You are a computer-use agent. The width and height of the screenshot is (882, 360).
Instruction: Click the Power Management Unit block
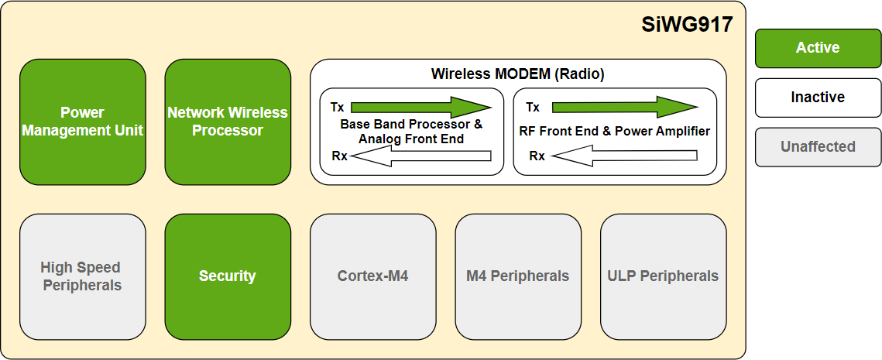[x=82, y=122]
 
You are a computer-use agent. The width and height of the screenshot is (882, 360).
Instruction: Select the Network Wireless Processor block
[x=228, y=122]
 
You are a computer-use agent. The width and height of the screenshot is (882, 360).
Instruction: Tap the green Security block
[x=228, y=276]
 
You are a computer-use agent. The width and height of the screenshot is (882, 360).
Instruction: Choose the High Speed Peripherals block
[x=82, y=276]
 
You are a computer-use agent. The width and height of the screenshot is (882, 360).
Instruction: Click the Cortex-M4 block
[x=372, y=276]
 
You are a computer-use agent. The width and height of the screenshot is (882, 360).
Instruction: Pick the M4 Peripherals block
[x=517, y=276]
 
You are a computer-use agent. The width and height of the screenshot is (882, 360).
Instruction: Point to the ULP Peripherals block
[x=663, y=276]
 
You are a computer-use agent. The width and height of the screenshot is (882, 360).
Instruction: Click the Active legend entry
[x=818, y=48]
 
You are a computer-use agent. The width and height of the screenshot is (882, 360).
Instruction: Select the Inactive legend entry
[x=818, y=98]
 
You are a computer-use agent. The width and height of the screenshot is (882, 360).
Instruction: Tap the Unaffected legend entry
[x=818, y=147]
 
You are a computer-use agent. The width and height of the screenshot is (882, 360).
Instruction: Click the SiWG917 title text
[x=687, y=25]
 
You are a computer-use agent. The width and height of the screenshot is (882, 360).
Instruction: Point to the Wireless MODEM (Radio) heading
[x=517, y=74]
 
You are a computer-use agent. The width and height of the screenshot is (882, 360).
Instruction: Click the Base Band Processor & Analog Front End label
[x=411, y=132]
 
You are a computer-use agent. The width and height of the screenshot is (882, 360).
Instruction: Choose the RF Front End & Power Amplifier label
[x=615, y=132]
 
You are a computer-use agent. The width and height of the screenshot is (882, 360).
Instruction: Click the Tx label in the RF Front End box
[x=533, y=108]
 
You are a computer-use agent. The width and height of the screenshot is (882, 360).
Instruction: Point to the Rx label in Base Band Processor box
[x=339, y=156]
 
